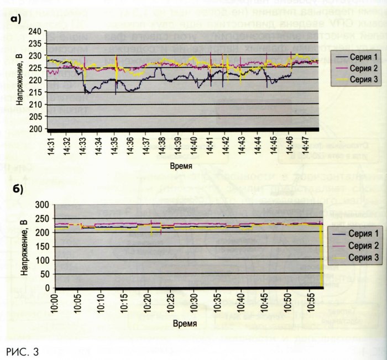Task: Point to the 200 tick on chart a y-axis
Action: click(37, 128)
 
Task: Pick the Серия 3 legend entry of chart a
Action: click(359, 80)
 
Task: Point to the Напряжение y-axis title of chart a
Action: click(20, 80)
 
